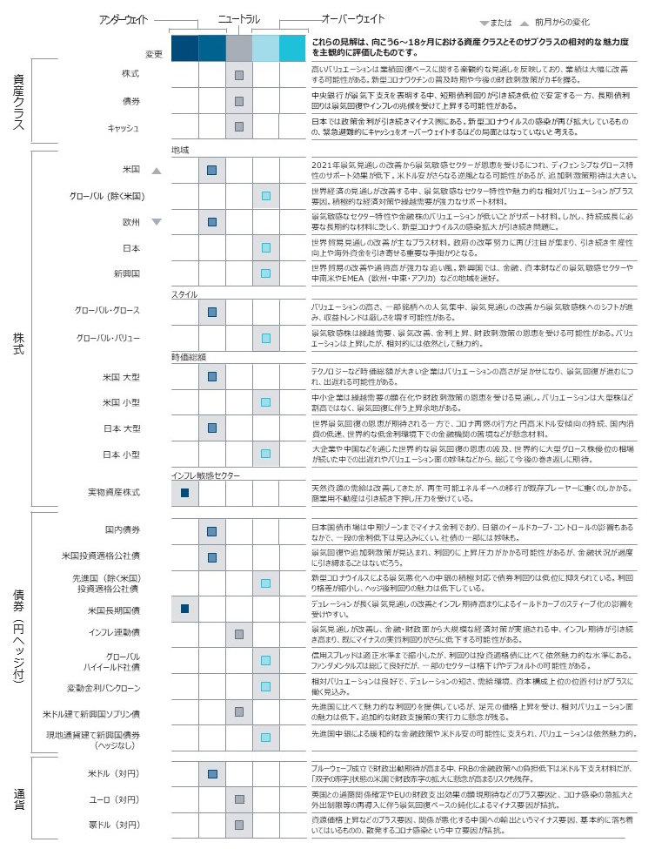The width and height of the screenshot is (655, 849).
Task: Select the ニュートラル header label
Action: coord(239,18)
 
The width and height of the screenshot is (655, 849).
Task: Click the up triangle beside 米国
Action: coord(157,172)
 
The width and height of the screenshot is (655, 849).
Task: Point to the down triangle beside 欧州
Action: coord(157,222)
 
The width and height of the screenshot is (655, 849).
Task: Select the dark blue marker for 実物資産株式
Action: coord(185,494)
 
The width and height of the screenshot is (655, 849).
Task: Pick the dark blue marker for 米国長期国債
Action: coord(185,607)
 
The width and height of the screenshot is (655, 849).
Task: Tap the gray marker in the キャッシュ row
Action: coord(239,127)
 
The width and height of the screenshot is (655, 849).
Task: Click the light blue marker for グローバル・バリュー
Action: coord(266,337)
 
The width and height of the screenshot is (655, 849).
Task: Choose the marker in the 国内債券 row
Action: coord(212,530)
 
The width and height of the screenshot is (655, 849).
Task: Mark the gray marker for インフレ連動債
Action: coord(239,632)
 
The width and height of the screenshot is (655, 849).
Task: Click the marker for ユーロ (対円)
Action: coord(239,798)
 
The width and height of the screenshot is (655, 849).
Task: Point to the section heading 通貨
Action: coord(19,798)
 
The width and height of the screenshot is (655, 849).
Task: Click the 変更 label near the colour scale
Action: coord(154,54)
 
